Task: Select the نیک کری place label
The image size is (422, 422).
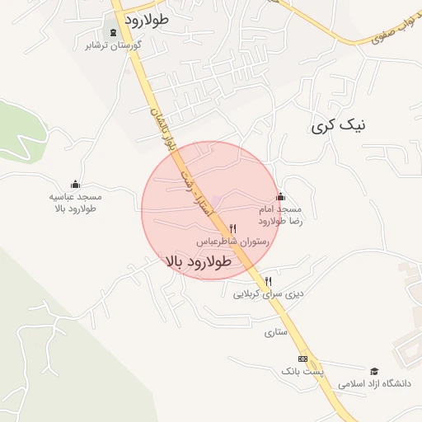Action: tap(338, 125)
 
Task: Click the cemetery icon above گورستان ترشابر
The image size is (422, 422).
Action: tap(113, 32)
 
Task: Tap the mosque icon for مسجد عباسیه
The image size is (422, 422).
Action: tap(76, 184)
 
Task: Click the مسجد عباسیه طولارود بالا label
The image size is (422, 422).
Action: tap(75, 203)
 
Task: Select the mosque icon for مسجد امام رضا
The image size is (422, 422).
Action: tap(281, 196)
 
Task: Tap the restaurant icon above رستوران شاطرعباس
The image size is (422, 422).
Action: tap(233, 228)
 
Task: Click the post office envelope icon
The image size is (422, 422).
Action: tap(302, 359)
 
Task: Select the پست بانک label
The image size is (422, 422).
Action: tap(302, 372)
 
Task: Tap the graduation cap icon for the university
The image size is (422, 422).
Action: tap(373, 371)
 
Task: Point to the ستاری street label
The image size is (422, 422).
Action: tap(274, 333)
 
